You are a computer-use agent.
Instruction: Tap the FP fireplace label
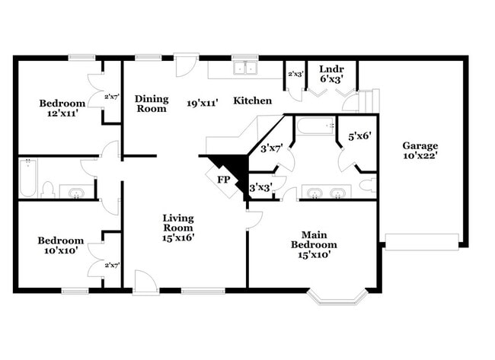coord(223,180)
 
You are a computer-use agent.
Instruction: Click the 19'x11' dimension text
coord(203,103)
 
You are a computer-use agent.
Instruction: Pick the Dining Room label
coord(152,104)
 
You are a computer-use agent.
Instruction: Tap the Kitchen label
coord(253,100)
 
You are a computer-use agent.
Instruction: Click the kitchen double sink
coord(245,68)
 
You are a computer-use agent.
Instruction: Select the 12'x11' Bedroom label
coord(62,108)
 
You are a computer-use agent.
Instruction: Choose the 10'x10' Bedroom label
coord(61,245)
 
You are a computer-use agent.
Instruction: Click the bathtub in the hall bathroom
coord(27,178)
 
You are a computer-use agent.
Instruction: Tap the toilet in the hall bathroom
coord(48,190)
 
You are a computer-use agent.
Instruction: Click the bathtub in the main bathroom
coord(315,126)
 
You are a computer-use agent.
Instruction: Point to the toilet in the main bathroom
coord(368,185)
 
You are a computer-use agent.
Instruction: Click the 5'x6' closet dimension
coord(359,136)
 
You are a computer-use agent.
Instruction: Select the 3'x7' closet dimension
coord(272,148)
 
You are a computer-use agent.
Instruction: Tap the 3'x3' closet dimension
coord(260,188)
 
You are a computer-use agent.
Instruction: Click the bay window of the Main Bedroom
coord(337,297)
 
